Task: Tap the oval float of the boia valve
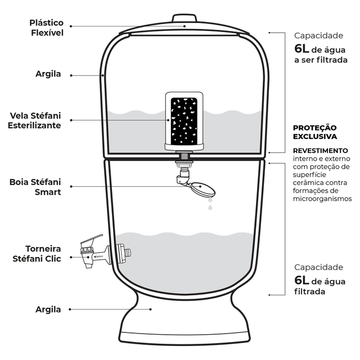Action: point(204,190)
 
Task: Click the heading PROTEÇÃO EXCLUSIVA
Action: point(315,132)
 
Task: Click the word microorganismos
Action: point(322,199)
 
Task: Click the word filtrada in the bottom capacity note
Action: point(310,292)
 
